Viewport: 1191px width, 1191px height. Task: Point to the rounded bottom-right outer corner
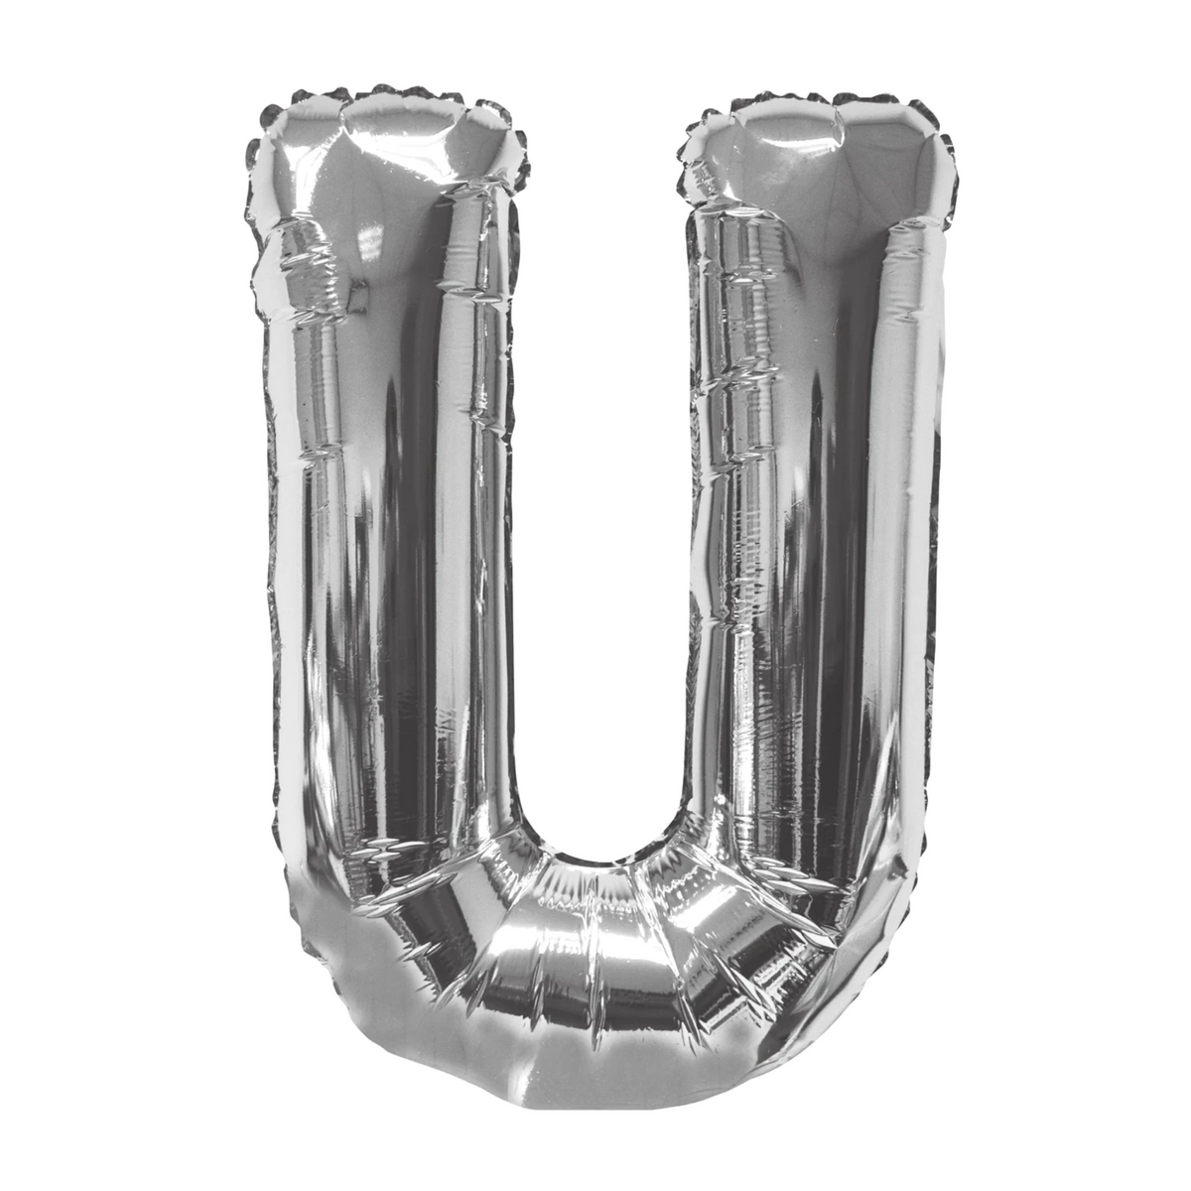893,923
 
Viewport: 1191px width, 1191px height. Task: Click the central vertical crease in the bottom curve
595,953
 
